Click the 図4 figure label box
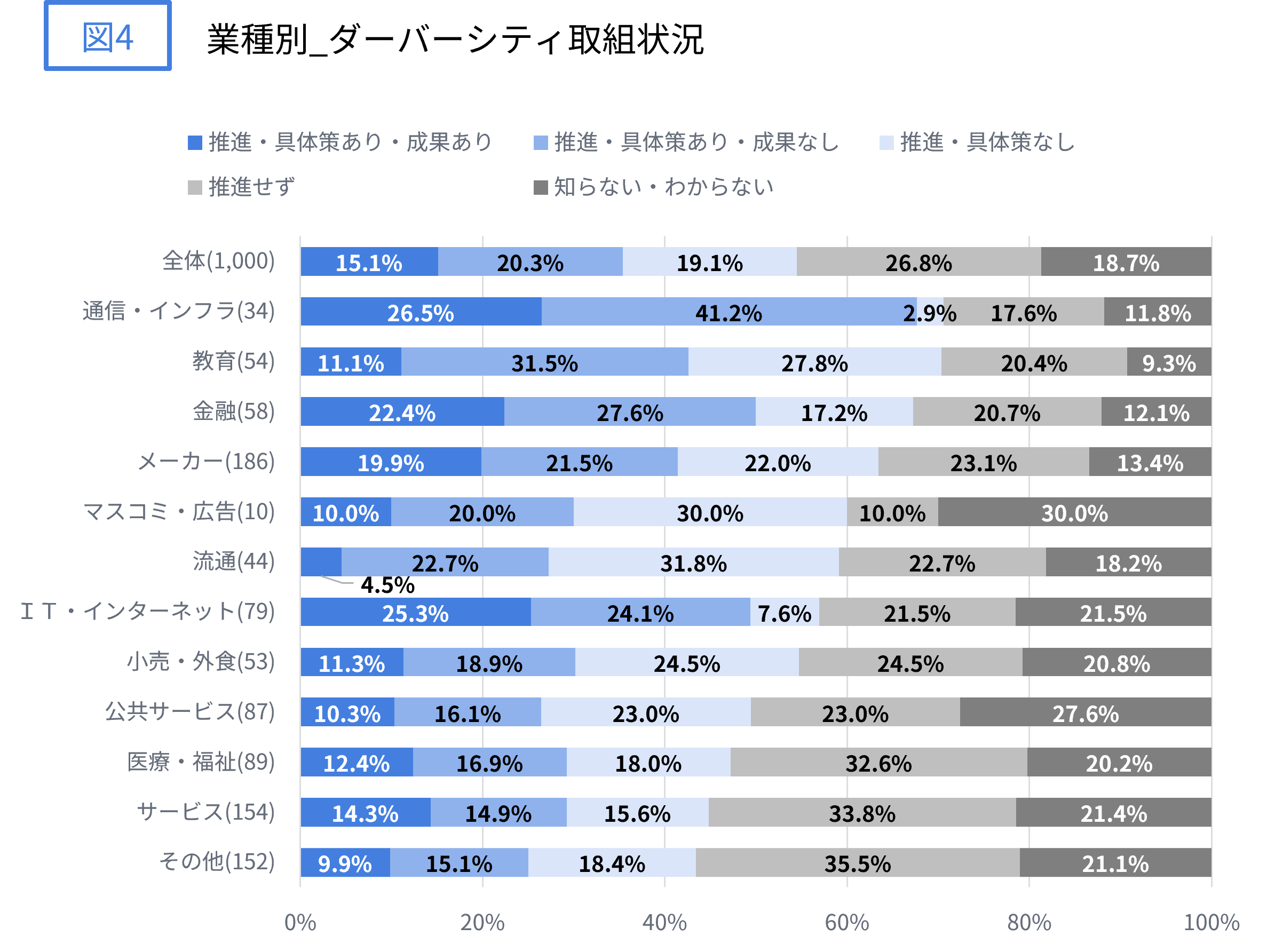pos(108,36)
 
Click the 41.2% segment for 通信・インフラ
pos(728,312)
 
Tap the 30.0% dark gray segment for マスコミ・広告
pos(1074,512)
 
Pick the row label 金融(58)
pos(234,411)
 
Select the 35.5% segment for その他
pos(858,863)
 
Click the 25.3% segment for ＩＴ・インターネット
pos(415,612)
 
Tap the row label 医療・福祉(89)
pos(201,762)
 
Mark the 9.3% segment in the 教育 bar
pos(1168,362)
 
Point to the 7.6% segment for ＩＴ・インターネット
pos(784,612)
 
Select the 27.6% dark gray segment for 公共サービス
pos(1086,712)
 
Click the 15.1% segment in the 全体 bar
pos(369,263)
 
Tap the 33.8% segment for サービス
pos(862,812)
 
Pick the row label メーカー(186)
pos(206,462)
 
